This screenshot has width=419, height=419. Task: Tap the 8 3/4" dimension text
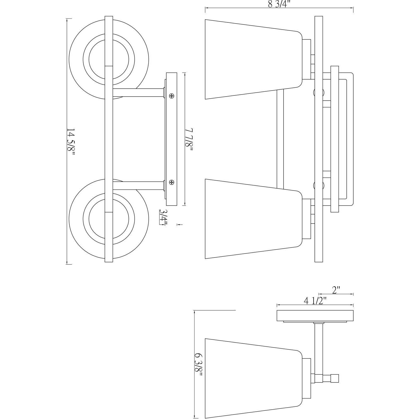coord(279,4)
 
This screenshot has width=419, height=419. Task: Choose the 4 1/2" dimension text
coord(315,301)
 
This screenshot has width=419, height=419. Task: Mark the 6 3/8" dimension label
coord(199,365)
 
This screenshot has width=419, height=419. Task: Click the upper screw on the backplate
coord(172,96)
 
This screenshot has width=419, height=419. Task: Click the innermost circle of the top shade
coord(109,59)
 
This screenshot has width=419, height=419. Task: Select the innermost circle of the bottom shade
coord(109,219)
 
